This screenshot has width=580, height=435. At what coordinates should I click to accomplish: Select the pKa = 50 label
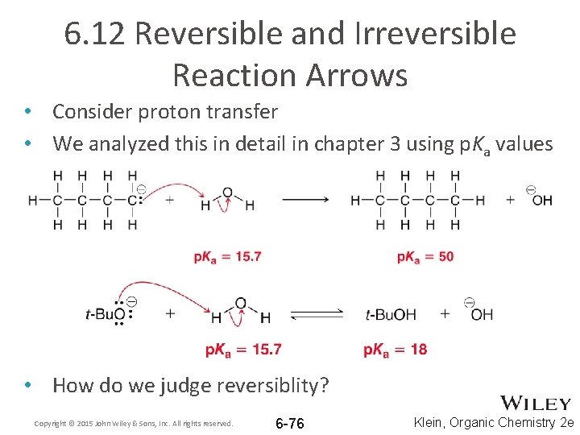425,257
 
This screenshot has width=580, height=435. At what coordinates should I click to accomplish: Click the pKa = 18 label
395,349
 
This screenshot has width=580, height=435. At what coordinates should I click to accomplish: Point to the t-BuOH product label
391,314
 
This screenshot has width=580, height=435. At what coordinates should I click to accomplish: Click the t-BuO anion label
106,314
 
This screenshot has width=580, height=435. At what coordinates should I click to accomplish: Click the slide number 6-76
290,424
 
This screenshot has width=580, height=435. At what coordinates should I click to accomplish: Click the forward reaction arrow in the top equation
304,200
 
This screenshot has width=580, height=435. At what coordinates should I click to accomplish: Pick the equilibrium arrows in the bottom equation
317,314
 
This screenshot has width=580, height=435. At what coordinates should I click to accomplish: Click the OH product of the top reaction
541,200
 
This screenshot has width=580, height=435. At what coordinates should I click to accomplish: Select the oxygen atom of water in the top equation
227,193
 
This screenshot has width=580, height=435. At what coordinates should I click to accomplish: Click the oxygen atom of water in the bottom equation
240,304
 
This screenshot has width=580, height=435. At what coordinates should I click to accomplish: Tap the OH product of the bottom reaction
480,314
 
